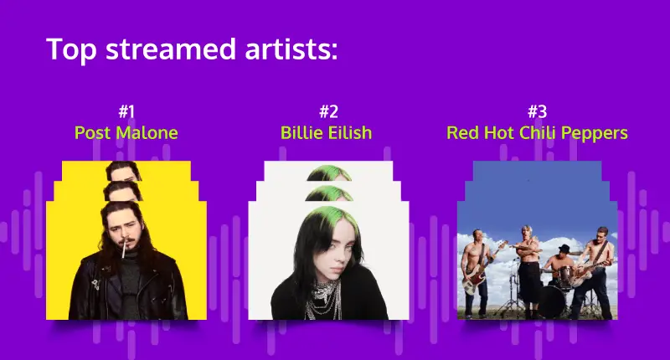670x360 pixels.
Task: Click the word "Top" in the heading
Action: click(71, 49)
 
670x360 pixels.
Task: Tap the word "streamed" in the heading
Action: click(171, 49)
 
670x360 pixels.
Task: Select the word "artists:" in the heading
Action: click(291, 49)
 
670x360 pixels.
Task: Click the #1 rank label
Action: click(126, 112)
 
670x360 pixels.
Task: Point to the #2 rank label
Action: click(328, 112)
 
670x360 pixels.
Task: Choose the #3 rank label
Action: click(537, 112)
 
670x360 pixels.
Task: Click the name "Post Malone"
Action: click(126, 133)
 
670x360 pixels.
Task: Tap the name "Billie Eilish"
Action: click(326, 133)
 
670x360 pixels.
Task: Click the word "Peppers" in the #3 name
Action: click(595, 134)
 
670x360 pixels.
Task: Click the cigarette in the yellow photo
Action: click(124, 249)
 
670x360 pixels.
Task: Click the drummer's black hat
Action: click(564, 249)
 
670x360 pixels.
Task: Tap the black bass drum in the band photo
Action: click(551, 301)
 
